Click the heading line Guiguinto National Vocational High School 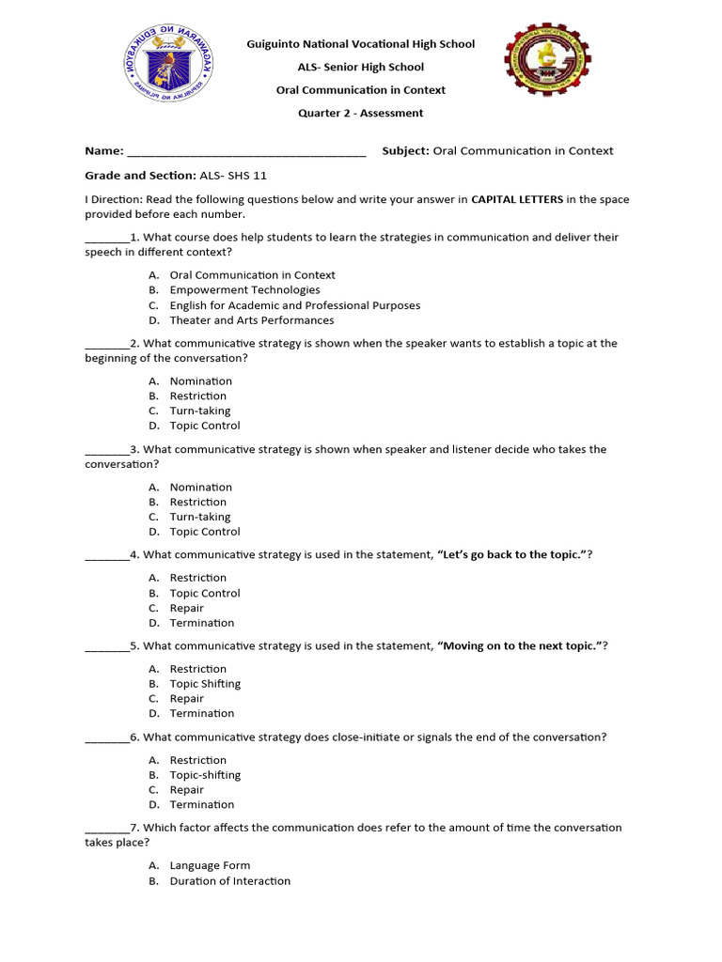coord(360,44)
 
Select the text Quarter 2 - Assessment coord(360,114)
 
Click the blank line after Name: coord(245,151)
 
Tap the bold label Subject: coord(405,151)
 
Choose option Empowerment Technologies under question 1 coord(244,290)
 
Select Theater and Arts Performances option coord(251,320)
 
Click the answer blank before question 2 coord(106,344)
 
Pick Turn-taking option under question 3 coord(199,517)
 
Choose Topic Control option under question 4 coord(204,593)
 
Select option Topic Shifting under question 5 coord(205,684)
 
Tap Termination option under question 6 coord(201,805)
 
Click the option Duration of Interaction coord(229,881)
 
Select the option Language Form coord(210,866)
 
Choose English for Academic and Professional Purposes coord(294,305)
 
